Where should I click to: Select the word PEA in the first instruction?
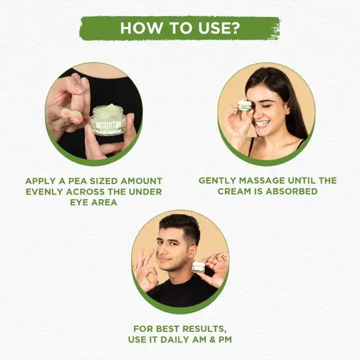(x=74, y=181)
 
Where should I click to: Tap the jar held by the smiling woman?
(x=243, y=104)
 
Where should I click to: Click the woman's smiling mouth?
(x=262, y=123)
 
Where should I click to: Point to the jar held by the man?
(x=199, y=267)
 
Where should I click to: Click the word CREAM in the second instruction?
(x=232, y=191)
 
